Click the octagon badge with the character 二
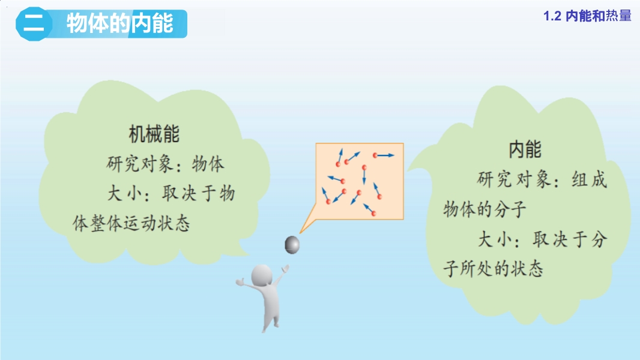pyautogui.click(x=34, y=23)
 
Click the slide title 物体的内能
pyautogui.click(x=120, y=23)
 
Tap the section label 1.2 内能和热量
pyautogui.click(x=587, y=16)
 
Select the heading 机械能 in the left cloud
pyautogui.click(x=154, y=134)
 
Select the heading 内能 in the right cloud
pyautogui.click(x=525, y=149)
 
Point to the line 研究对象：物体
pyautogui.click(x=165, y=164)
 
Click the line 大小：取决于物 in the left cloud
pyautogui.click(x=171, y=193)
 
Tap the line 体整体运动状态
pyautogui.click(x=131, y=223)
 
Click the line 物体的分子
pyautogui.click(x=485, y=209)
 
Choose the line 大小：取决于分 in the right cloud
pyautogui.click(x=543, y=239)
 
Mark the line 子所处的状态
pyautogui.click(x=494, y=269)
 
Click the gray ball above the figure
pyautogui.click(x=292, y=245)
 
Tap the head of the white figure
pyautogui.click(x=262, y=275)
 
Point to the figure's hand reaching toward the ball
pyautogui.click(x=286, y=269)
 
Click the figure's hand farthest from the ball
pyautogui.click(x=240, y=282)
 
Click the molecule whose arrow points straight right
pyautogui.click(x=375, y=155)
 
